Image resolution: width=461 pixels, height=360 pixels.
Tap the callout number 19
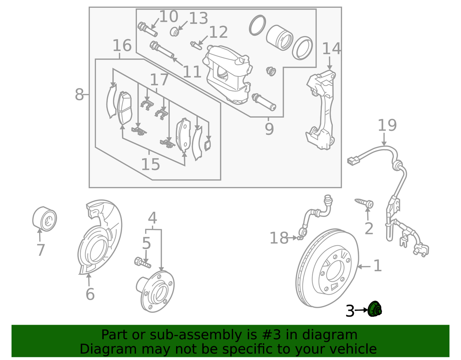(387, 126)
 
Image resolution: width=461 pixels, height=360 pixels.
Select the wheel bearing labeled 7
(44, 219)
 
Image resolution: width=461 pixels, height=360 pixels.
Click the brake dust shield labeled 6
(98, 238)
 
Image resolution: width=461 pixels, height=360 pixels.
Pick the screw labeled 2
(365, 203)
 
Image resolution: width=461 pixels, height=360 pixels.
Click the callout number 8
(79, 94)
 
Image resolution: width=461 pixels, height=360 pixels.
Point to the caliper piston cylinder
(280, 38)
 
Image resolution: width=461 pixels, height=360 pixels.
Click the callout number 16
(122, 46)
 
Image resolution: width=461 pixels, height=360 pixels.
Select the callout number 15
(150, 165)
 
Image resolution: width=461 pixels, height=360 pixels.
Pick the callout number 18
(279, 238)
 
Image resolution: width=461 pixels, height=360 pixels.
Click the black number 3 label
(350, 311)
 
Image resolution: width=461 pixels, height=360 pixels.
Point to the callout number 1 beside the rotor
(378, 265)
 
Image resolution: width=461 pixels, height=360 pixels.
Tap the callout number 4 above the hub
(153, 218)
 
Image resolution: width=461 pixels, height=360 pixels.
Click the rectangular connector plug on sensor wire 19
(352, 161)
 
